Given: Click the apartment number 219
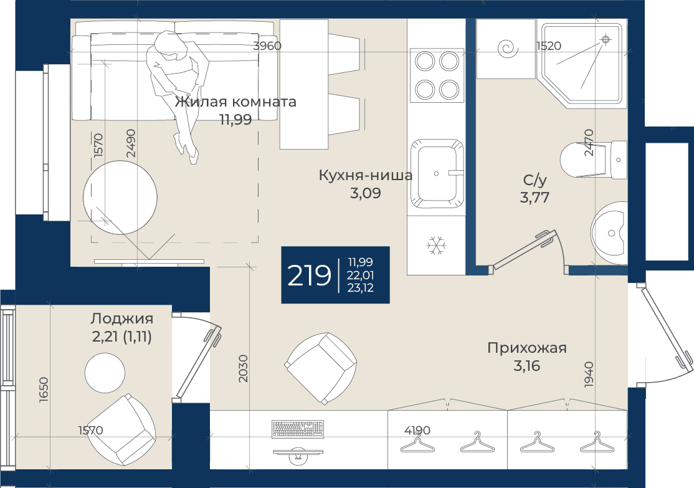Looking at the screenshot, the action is pyautogui.click(x=309, y=275).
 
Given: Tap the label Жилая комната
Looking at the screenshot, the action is pyautogui.click(x=235, y=102).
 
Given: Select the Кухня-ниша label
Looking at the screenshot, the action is pyautogui.click(x=366, y=175).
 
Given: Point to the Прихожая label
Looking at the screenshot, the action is pyautogui.click(x=526, y=348).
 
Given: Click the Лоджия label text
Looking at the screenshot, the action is pyautogui.click(x=121, y=319).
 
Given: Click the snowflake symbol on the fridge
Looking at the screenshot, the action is pyautogui.click(x=437, y=246).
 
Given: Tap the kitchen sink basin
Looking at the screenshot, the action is pyautogui.click(x=437, y=174).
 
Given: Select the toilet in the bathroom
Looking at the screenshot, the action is pyautogui.click(x=594, y=160).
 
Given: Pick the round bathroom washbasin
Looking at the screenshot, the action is pyautogui.click(x=609, y=232).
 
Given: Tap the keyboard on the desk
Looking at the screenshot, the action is pyautogui.click(x=298, y=428).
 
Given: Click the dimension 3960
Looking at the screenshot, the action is pyautogui.click(x=267, y=45).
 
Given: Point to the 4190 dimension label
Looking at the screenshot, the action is pyautogui.click(x=417, y=430).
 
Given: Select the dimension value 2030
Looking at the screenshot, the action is pyautogui.click(x=243, y=368).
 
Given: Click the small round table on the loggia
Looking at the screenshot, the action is pyautogui.click(x=105, y=373).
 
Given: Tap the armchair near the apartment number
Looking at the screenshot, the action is pyautogui.click(x=320, y=368).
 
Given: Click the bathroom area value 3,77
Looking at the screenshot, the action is pyautogui.click(x=535, y=198).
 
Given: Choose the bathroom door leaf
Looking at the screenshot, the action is pyautogui.click(x=522, y=251).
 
